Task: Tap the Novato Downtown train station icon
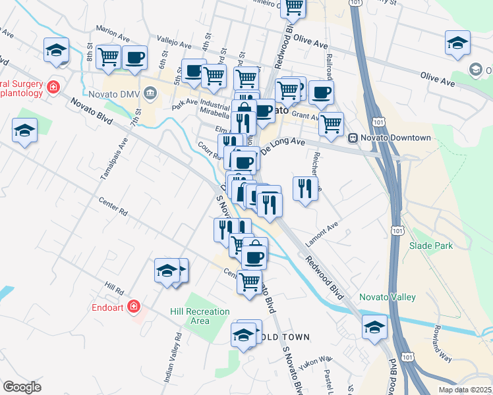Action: [x=353, y=138]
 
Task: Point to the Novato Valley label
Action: [x=388, y=297]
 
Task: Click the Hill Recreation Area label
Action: [x=200, y=316]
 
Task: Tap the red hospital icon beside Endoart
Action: [x=134, y=306]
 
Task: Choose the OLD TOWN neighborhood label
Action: [x=288, y=337]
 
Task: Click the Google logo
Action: [x=22, y=386]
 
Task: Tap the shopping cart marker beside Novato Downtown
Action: [x=331, y=122]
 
